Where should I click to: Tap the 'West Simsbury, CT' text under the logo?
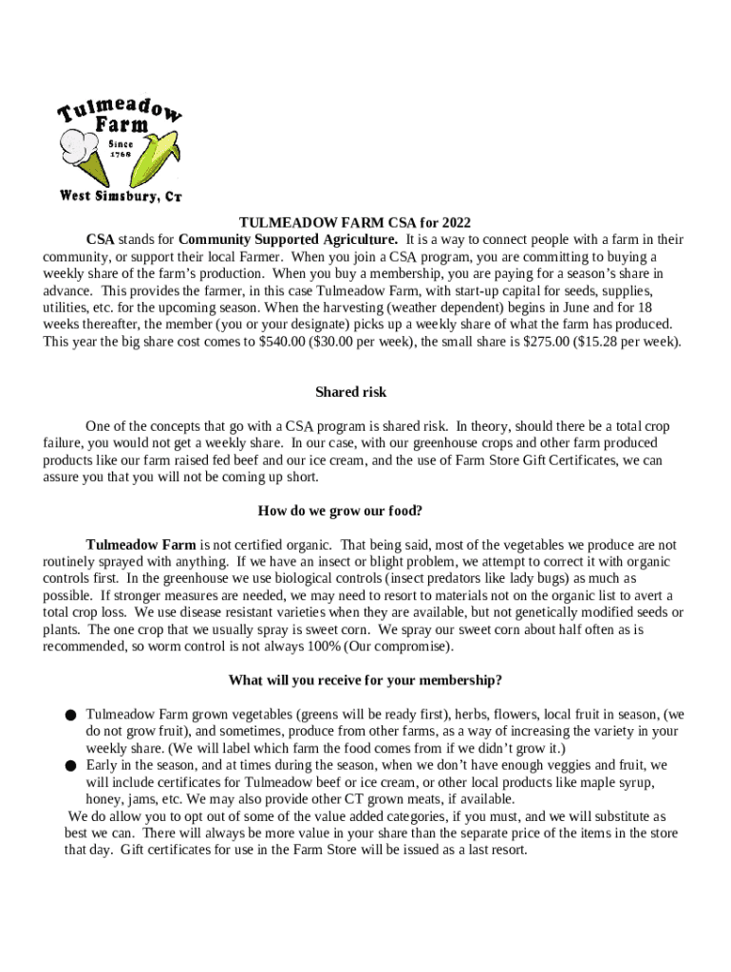pyautogui.click(x=121, y=197)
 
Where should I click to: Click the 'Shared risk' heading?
pyautogui.click(x=350, y=392)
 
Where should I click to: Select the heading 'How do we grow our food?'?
pyautogui.click(x=340, y=512)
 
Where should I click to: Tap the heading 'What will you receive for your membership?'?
pyautogui.click(x=365, y=681)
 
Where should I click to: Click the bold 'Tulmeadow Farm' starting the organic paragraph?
pyautogui.click(x=141, y=545)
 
